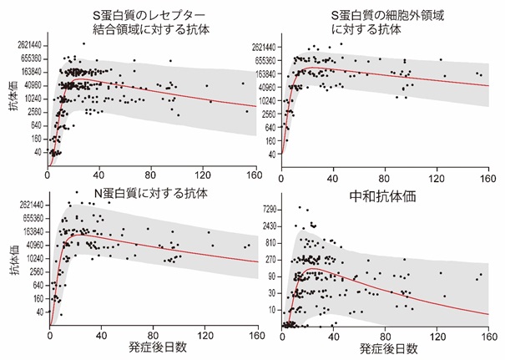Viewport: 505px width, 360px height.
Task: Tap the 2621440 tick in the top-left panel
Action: (x=27, y=45)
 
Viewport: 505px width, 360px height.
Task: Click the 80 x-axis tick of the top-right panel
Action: (x=386, y=175)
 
